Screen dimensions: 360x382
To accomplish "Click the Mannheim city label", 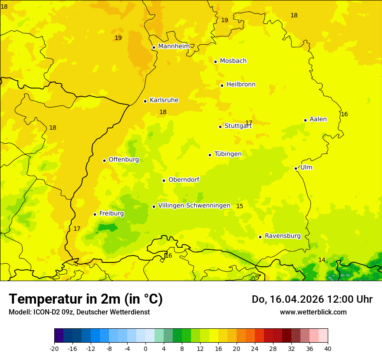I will [x=174, y=46].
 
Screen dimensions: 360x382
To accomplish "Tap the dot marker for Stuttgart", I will [x=220, y=127].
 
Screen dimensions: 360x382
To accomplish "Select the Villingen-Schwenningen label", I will [x=194, y=206].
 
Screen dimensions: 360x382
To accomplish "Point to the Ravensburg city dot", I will [x=260, y=237].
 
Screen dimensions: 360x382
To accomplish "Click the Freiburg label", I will [x=111, y=213].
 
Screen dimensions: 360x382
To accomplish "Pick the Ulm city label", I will [x=306, y=167].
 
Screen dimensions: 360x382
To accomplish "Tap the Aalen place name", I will [x=318, y=119].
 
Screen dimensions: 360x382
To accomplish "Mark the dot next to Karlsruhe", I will [x=145, y=101].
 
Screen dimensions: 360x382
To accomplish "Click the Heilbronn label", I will [x=241, y=85].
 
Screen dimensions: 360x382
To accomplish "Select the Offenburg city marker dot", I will [x=104, y=160].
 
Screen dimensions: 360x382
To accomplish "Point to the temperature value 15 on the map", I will [x=240, y=206].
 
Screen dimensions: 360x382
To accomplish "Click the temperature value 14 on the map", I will [x=322, y=260].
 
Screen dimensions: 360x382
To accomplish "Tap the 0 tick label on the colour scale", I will [x=145, y=348].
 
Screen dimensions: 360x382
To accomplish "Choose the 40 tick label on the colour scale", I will [x=328, y=348].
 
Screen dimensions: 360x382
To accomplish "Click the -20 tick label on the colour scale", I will [x=54, y=348].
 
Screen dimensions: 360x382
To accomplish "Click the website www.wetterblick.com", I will [x=313, y=312].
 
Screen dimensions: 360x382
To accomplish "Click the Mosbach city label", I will [x=233, y=61].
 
